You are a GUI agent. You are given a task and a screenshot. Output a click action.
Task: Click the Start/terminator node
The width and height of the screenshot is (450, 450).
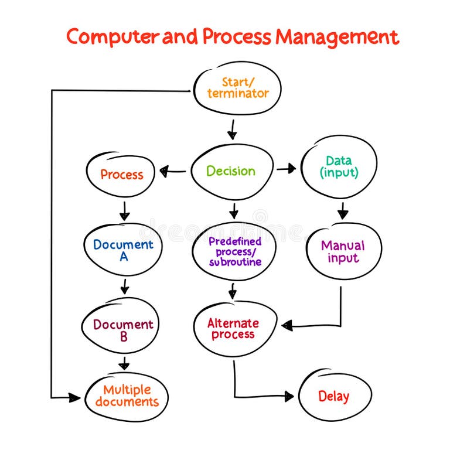coord(237,88)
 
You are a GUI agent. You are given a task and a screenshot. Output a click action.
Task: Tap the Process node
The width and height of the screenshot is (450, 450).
coord(121,174)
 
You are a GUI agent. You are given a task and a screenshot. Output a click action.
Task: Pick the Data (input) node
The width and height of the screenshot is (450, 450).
coord(339,166)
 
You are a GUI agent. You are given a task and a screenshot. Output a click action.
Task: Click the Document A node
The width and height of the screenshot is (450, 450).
coord(123,249)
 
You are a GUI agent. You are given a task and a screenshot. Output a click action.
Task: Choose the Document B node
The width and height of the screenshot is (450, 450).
coord(123,330)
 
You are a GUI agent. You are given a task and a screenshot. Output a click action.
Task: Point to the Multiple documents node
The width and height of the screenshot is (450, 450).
coord(127,396)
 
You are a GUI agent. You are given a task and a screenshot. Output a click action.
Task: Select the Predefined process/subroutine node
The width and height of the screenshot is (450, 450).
coord(234,251)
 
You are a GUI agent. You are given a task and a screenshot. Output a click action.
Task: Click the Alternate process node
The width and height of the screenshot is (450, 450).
coord(233,329)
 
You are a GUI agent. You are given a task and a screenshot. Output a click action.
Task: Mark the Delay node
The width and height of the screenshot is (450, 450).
coord(334,396)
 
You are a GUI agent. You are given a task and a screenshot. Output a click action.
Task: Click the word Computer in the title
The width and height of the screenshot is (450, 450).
coord(111,36)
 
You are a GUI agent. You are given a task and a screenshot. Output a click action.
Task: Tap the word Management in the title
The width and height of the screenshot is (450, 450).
coord(337,36)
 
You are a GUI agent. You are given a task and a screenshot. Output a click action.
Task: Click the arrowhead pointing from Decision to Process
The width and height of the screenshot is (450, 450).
coord(165,172)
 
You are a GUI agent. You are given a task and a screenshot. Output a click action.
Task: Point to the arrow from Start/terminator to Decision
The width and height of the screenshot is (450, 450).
coord(232,129)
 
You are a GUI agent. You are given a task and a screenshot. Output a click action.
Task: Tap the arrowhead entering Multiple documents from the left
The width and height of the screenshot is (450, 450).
coord(74,398)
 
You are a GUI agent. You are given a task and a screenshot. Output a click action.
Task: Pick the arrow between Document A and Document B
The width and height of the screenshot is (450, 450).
coord(124,287)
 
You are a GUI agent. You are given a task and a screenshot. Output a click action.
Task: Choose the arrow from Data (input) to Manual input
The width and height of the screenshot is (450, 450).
coord(343,210)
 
